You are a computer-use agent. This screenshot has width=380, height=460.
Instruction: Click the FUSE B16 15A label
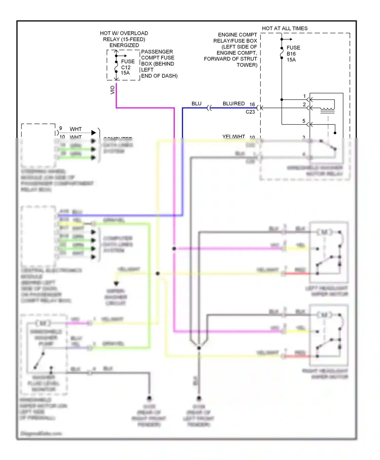click(x=293, y=54)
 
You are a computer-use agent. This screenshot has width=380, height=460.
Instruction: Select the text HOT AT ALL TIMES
click(x=284, y=28)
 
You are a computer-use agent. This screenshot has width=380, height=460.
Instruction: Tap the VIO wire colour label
click(x=112, y=90)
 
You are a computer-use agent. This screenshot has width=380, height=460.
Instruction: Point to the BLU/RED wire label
click(x=234, y=104)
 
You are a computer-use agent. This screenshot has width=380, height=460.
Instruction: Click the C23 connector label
click(x=250, y=112)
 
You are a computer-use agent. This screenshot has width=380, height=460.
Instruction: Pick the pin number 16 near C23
click(x=252, y=104)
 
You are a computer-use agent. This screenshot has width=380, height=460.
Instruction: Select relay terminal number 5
click(x=304, y=121)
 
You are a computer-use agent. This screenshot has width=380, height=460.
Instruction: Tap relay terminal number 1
click(x=305, y=96)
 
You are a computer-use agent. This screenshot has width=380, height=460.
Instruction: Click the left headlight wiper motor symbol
click(x=324, y=232)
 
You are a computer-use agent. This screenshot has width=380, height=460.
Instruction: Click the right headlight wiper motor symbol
click(x=324, y=315)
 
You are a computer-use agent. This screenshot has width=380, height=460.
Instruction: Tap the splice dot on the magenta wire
click(x=174, y=249)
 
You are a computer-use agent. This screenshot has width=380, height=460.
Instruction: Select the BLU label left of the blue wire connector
click(x=196, y=104)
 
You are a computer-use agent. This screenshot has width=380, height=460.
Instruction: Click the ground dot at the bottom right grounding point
click(x=199, y=398)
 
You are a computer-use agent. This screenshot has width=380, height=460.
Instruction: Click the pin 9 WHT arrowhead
click(x=93, y=133)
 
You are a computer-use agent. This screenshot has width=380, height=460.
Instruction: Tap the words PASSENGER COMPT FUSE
click(x=157, y=55)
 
